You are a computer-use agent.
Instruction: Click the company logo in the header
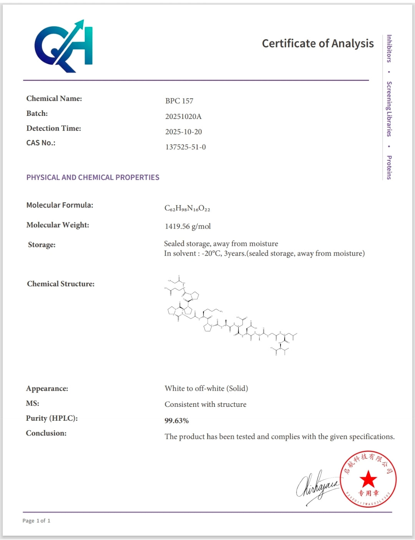(x=64, y=46)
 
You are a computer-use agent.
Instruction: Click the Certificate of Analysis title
(x=318, y=43)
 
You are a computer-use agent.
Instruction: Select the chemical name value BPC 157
(x=179, y=101)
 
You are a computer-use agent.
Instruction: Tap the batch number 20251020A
(x=183, y=116)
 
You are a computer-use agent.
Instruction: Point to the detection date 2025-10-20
(x=183, y=132)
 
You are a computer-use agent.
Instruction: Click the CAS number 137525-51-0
(x=186, y=147)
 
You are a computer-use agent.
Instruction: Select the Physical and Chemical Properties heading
(x=93, y=177)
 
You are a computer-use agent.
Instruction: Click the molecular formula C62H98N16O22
(x=187, y=208)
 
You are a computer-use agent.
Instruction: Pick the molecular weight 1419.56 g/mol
(x=188, y=226)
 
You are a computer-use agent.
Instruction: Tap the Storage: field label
(x=41, y=245)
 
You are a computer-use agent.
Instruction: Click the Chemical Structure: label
(x=61, y=284)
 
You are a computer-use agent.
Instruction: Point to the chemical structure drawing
(x=231, y=316)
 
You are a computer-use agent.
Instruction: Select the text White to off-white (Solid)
(x=206, y=388)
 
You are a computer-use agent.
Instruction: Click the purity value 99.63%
(x=176, y=421)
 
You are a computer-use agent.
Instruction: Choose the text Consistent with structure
(x=206, y=405)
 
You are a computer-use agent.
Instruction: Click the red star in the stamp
(x=369, y=479)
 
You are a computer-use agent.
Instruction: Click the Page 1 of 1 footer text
(x=36, y=521)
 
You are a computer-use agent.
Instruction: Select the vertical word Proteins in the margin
(x=389, y=167)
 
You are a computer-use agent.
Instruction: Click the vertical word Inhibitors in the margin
(x=389, y=48)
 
